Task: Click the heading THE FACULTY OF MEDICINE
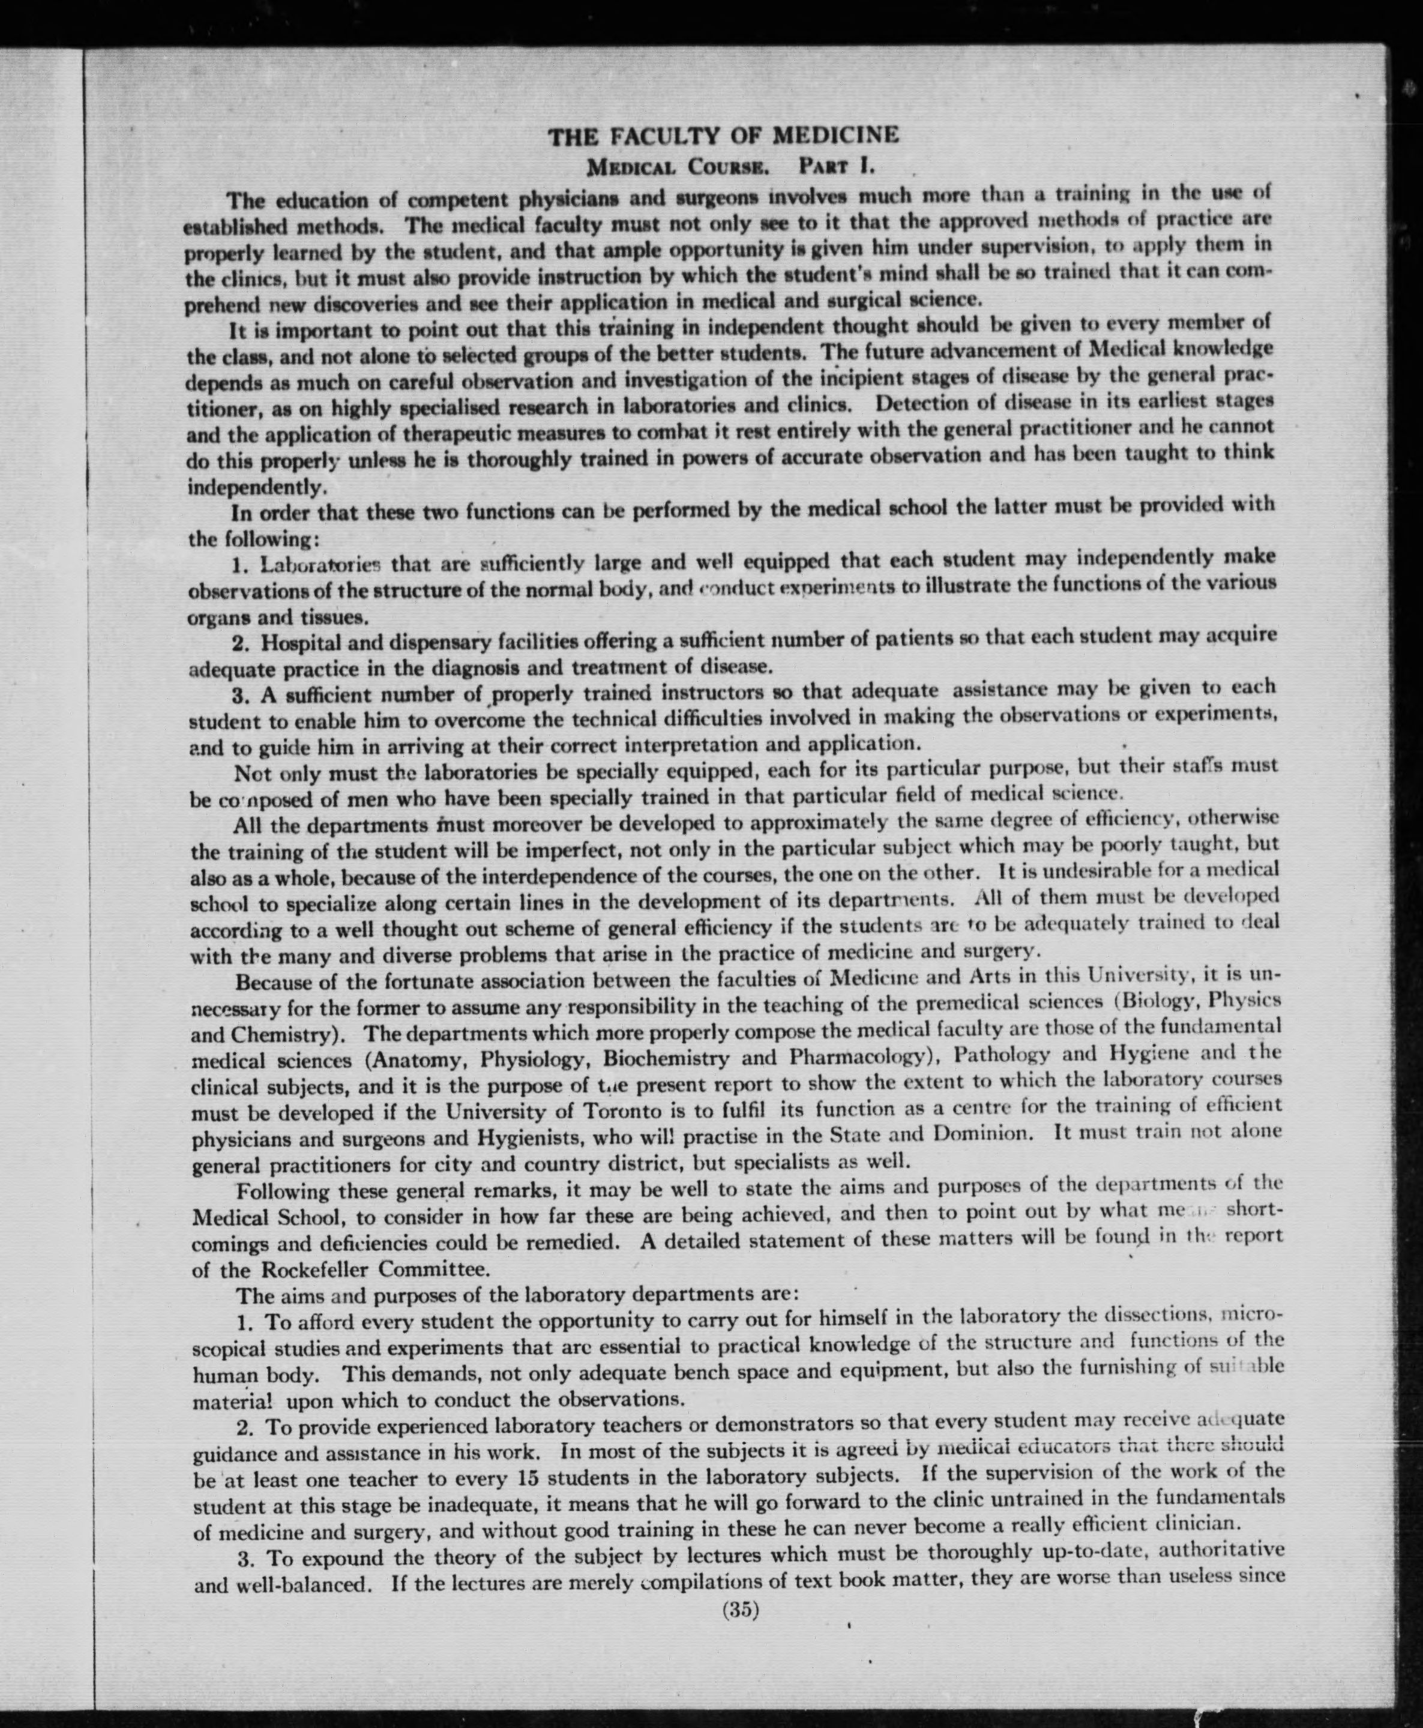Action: [x=723, y=134]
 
